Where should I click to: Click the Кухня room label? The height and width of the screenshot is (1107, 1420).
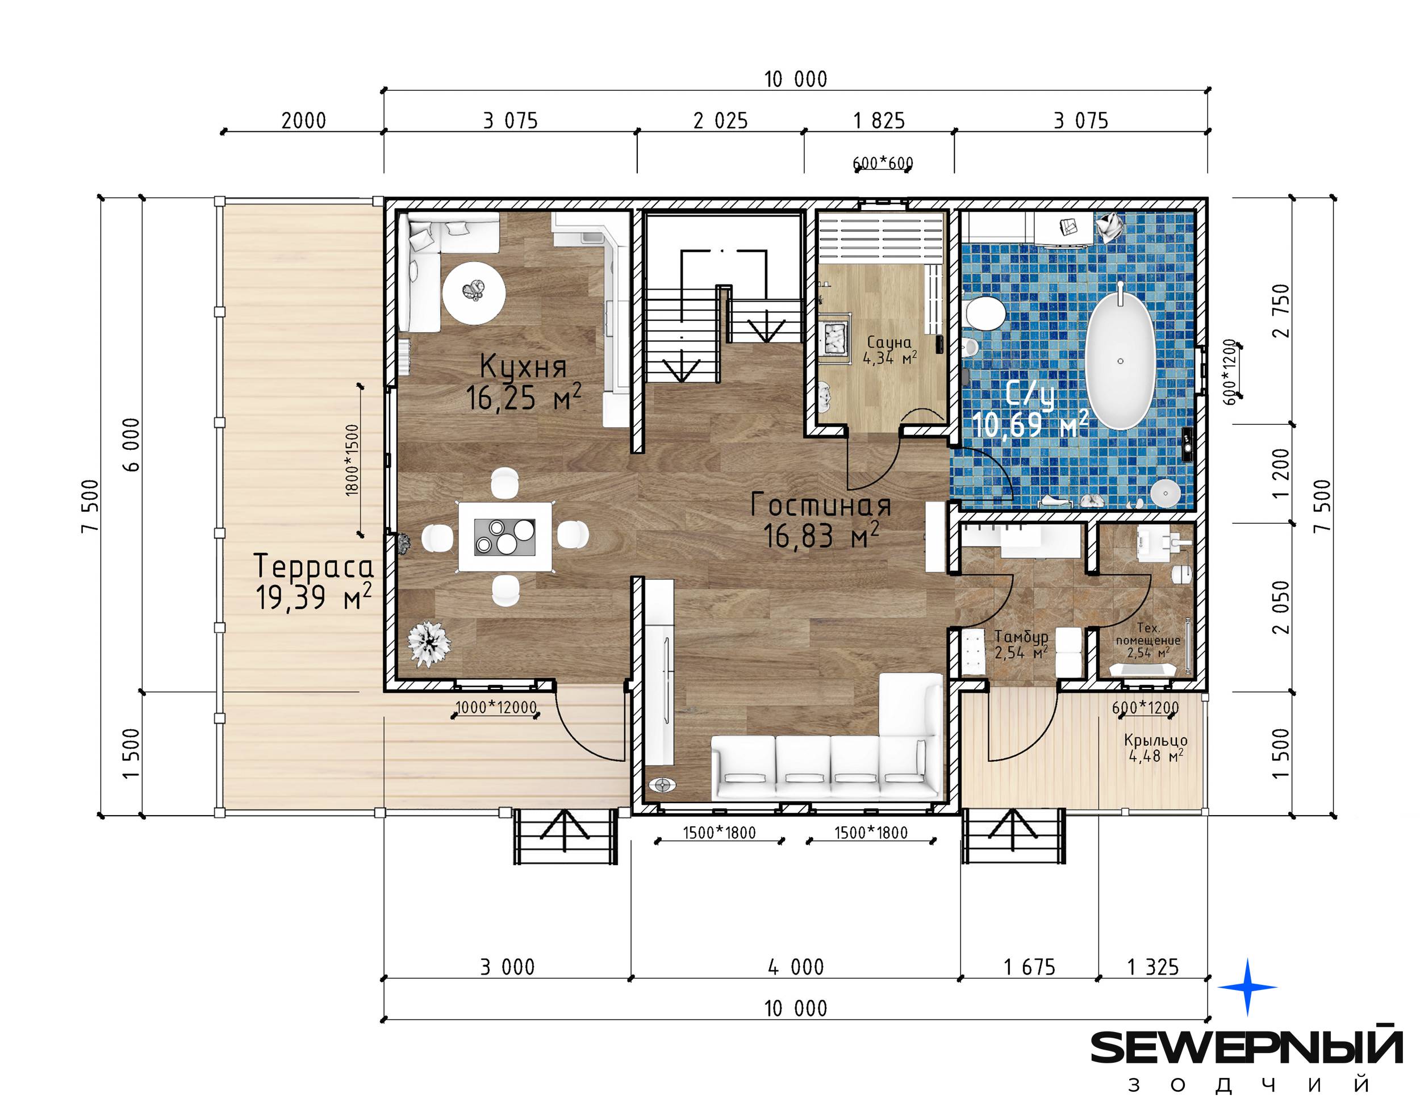[523, 366]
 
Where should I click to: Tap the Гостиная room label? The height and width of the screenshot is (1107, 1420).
[821, 505]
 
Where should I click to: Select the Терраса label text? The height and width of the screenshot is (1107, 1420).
[314, 566]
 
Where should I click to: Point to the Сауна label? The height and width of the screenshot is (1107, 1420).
[889, 342]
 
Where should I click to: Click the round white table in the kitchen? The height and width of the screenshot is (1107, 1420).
[474, 293]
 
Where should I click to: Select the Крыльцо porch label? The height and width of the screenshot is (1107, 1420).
[1156, 741]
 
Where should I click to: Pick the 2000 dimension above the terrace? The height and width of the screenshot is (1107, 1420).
[304, 121]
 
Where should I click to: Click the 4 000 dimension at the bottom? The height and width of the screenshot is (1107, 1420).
[796, 967]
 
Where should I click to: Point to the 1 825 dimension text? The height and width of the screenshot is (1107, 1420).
[879, 121]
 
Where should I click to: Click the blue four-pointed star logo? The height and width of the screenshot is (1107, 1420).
[1247, 987]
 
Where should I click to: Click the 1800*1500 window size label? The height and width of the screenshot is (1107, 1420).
[352, 460]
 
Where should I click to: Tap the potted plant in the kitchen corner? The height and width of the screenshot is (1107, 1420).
[429, 643]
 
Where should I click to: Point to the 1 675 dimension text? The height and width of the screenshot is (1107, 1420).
[1029, 967]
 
